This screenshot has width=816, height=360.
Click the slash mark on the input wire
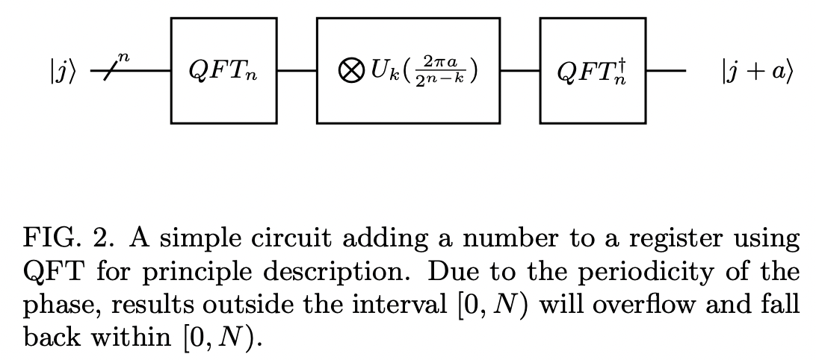pos(112,72)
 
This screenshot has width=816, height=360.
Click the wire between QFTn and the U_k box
pos(297,72)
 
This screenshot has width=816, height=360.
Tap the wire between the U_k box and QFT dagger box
pos(519,72)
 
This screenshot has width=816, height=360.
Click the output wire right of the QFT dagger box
pos(665,72)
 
